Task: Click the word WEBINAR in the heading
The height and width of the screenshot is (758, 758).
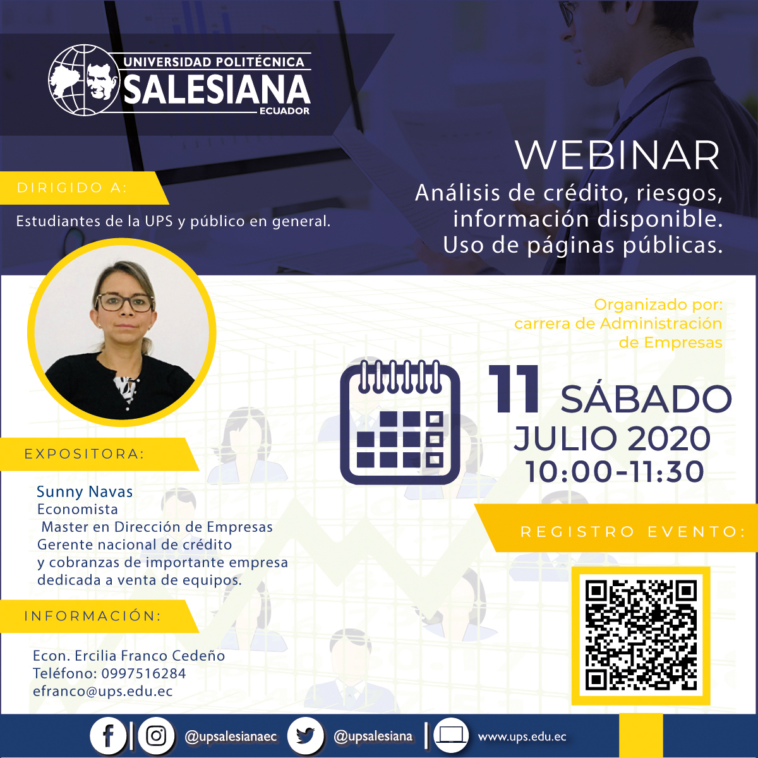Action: [x=617, y=155]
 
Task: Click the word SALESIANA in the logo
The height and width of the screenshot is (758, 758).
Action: [x=217, y=89]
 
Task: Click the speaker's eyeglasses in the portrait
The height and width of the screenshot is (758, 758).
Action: [x=125, y=303]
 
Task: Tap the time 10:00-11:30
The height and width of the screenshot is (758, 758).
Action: [x=614, y=471]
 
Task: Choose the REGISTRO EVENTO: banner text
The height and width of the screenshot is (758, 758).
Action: [x=633, y=532]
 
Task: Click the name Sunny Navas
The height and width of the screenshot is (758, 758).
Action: [x=85, y=492]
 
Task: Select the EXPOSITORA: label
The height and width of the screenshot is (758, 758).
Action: [x=85, y=454]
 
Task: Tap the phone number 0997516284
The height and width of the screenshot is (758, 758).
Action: [x=143, y=673]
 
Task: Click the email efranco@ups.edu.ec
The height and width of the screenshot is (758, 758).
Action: [x=103, y=692]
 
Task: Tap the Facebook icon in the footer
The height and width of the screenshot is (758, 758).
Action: [x=108, y=736]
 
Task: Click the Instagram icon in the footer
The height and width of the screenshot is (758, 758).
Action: [x=156, y=736]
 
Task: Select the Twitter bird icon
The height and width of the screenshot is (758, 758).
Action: [x=306, y=736]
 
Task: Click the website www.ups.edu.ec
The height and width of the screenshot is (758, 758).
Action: [x=522, y=737]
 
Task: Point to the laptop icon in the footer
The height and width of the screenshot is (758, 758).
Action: [x=451, y=736]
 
